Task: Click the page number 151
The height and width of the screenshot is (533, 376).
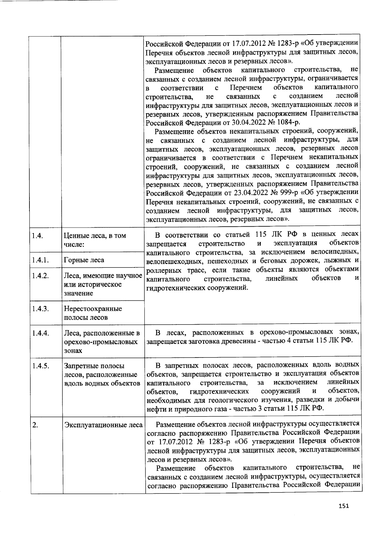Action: point(343,506)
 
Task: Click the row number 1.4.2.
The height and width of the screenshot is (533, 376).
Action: point(40,276)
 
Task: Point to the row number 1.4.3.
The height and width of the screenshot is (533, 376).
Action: point(40,309)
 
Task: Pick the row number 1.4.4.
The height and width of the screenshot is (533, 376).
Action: point(40,333)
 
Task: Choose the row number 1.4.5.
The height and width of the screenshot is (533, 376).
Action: point(40,366)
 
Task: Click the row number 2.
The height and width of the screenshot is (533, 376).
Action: point(35,425)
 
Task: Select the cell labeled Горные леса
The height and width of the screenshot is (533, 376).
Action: point(84,260)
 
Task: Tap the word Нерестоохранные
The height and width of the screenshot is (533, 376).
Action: point(93,309)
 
